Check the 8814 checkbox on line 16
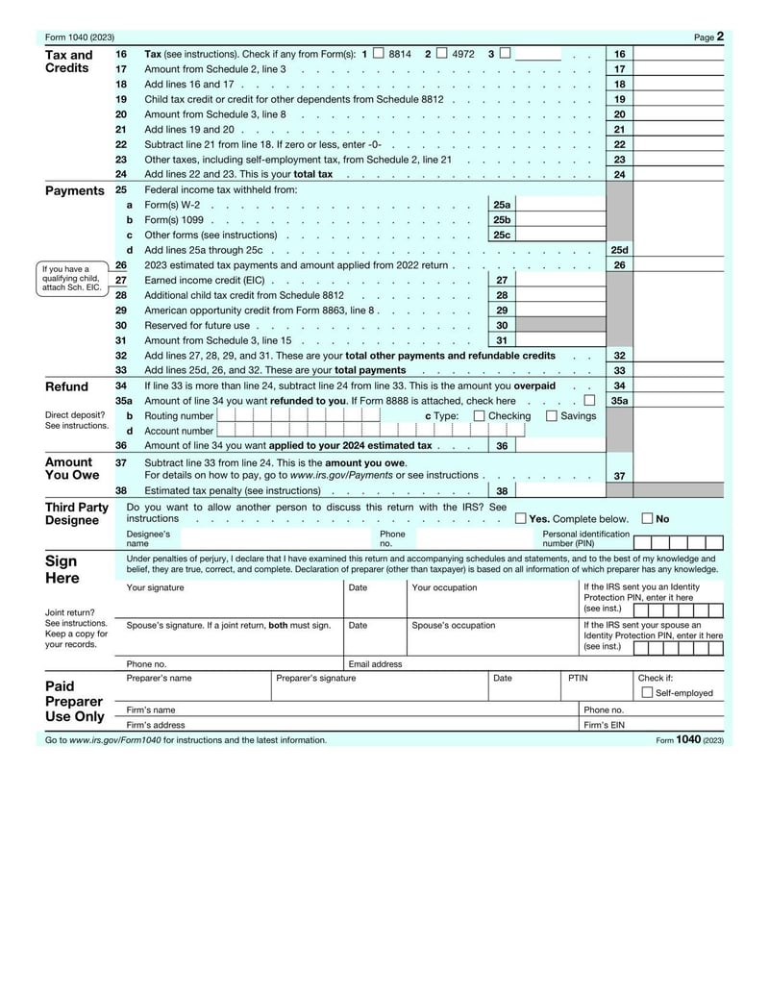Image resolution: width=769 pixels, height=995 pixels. (378, 54)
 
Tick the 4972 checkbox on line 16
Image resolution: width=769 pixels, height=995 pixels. (441, 54)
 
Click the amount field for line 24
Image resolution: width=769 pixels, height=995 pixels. (679, 175)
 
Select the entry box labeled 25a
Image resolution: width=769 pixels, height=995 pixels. (561, 205)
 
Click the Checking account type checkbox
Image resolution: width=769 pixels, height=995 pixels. (480, 416)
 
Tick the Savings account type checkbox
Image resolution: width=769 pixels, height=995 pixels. (552, 416)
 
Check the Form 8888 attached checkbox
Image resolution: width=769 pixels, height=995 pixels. (589, 401)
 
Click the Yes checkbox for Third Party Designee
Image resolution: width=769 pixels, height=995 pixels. (521, 518)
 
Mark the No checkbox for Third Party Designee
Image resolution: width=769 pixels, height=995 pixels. (648, 518)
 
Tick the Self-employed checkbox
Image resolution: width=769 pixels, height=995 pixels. (647, 692)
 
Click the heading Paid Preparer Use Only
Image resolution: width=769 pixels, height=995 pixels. (74, 702)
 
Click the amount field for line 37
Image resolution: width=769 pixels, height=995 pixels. (679, 476)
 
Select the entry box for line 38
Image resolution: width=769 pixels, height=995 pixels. (561, 490)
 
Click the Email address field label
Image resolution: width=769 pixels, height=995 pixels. (375, 663)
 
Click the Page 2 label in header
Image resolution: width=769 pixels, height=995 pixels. (708, 37)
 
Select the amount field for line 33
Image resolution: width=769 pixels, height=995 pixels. (679, 370)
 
